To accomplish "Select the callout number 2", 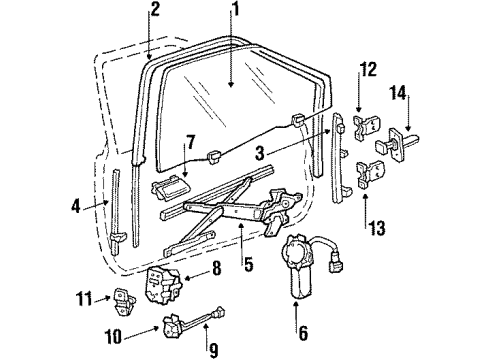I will pyautogui.click(x=154, y=10).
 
